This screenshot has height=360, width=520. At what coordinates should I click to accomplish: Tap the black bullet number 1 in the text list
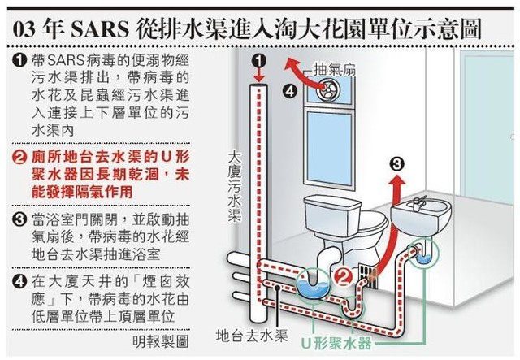point(19,62)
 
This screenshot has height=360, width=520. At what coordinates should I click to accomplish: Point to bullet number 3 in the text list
point(19,219)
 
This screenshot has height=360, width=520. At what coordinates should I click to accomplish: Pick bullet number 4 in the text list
point(19,281)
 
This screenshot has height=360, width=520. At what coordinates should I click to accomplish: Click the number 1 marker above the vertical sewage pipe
point(259,60)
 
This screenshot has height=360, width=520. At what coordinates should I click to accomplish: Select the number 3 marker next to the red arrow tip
point(396,163)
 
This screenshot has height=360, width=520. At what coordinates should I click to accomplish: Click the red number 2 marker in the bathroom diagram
point(344,277)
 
